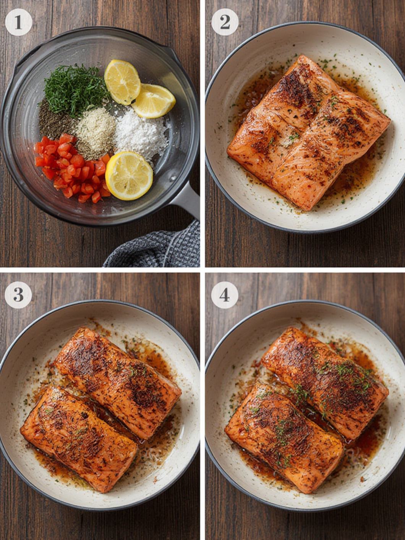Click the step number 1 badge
pyautogui.click(x=18, y=23)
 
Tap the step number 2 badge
pyautogui.click(x=225, y=23)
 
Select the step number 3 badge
pyautogui.click(x=18, y=295)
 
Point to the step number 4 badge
pyautogui.click(x=224, y=295)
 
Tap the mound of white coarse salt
pyautogui.click(x=140, y=134)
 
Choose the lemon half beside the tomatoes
pyautogui.click(x=129, y=176)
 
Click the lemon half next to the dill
pyautogui.click(x=122, y=82)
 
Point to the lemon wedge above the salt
pyautogui.click(x=154, y=101)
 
